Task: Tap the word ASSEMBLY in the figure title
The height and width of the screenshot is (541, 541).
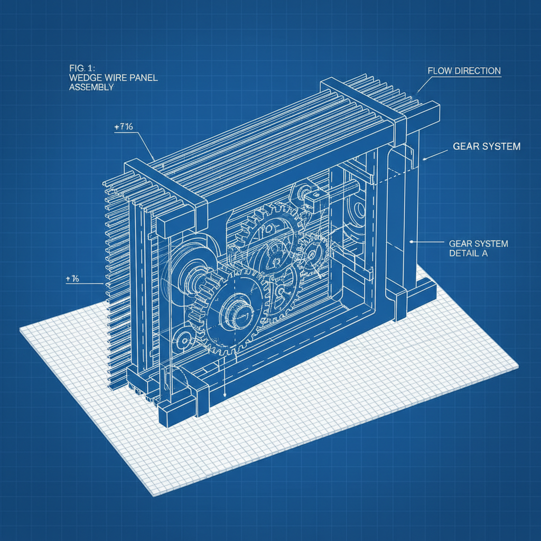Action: (91, 88)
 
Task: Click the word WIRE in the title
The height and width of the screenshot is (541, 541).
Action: (113, 78)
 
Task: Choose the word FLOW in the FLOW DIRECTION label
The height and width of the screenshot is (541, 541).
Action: (440, 71)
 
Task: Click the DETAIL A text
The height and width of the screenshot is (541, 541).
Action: (468, 254)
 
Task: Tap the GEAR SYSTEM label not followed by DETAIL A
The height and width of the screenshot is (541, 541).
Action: (487, 146)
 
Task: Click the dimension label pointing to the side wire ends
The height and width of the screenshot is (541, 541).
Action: (72, 279)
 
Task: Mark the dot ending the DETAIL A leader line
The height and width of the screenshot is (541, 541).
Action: (412, 242)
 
